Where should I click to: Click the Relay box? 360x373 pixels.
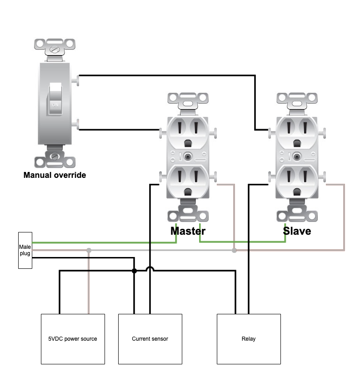249,339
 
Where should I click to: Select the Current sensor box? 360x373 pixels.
150,339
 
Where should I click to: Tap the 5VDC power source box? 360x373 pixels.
73,339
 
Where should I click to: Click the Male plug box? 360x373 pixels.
25,250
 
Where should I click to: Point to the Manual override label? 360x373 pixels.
55,175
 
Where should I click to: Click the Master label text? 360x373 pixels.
188,231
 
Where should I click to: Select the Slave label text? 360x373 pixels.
297,231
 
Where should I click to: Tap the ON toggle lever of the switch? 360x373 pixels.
55,99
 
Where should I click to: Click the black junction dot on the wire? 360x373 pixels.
135,271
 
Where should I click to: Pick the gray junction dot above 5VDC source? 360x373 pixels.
89,250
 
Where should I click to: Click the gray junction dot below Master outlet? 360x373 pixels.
234,250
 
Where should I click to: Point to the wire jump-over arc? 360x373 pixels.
150,268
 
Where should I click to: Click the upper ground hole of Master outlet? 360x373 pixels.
188,143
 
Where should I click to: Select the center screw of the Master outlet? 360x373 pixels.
188,156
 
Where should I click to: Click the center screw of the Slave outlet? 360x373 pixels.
297,156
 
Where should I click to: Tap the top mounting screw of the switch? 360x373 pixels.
55,50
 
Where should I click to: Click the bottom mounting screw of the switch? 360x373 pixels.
55,156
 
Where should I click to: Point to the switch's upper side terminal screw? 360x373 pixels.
75,81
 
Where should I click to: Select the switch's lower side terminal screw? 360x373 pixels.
75,124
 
